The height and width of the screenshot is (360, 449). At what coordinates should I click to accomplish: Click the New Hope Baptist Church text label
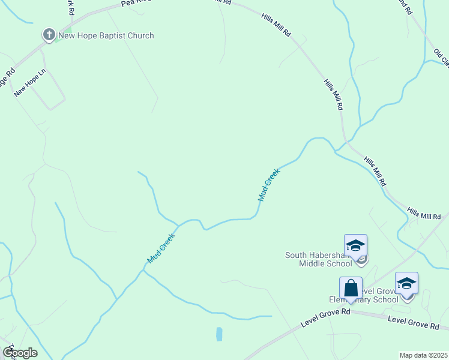(106, 36)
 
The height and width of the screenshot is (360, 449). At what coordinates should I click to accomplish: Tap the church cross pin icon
(49, 35)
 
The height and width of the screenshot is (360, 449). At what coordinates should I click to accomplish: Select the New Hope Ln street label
(30, 83)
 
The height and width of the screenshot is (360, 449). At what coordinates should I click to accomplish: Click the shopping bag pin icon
(351, 289)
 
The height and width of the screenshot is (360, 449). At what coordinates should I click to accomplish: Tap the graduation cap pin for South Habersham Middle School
(355, 247)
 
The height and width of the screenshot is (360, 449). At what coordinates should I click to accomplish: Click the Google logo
(20, 353)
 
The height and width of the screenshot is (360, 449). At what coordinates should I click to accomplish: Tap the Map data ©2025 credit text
(423, 355)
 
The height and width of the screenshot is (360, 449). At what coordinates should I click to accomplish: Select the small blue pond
(219, 334)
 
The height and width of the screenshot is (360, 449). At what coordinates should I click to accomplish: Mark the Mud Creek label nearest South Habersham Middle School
(268, 184)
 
